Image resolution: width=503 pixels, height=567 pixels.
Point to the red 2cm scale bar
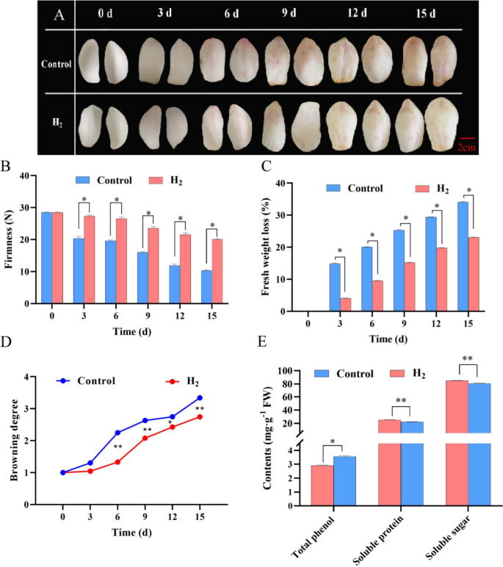point(468,137)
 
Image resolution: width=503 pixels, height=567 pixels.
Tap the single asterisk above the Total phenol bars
point(333,442)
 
